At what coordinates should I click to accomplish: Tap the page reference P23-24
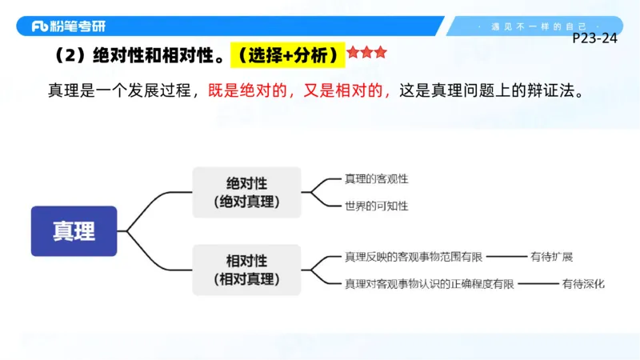tap(595, 38)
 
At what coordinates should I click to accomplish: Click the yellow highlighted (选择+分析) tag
tap(287, 55)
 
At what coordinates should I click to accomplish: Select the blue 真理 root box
tap(74, 231)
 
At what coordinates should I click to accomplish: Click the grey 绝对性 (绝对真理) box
tap(246, 192)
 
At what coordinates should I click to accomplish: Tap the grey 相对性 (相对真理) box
tap(246, 270)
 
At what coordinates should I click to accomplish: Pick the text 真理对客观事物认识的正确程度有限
tap(429, 283)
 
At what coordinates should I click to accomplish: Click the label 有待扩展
tap(551, 257)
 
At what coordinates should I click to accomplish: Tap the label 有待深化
tap(583, 283)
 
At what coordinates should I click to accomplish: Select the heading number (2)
tap(65, 55)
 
